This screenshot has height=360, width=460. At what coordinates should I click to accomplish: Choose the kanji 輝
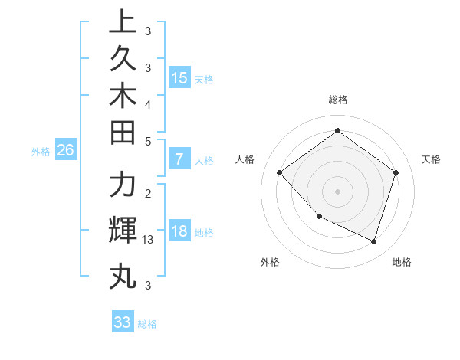(x=123, y=231)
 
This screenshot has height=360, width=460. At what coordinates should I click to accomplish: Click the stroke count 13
(x=148, y=240)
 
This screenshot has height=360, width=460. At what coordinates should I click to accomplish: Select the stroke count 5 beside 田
(x=148, y=141)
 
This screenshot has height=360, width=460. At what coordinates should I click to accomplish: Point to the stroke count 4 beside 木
(x=148, y=103)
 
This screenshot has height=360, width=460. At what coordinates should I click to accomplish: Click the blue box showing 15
(x=179, y=77)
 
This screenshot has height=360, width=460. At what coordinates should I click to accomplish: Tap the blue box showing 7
(x=179, y=160)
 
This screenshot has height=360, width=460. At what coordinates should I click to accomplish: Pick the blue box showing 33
(x=123, y=322)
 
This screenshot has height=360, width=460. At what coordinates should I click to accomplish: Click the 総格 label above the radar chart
(x=337, y=100)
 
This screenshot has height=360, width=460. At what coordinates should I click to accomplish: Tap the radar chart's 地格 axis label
(x=402, y=262)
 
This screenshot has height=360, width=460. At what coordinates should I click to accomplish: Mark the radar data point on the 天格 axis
(x=396, y=172)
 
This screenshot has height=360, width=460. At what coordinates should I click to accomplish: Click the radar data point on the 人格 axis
(x=280, y=172)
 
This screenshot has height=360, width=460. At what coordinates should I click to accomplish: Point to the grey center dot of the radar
(x=337, y=191)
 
